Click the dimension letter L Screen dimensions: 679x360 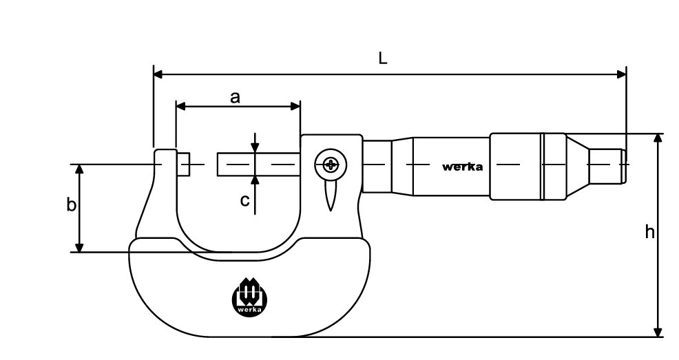tap(382, 58)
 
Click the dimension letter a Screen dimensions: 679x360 tap(235, 97)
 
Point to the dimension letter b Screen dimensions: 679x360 tap(71, 204)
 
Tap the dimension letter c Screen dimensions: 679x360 tap(244, 200)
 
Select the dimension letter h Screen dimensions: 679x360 tap(649, 232)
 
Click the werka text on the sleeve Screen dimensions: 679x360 tap(462, 167)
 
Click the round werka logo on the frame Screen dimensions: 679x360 tap(250, 297)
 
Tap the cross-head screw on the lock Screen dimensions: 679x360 tap(331, 165)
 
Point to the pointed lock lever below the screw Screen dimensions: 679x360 tap(331, 195)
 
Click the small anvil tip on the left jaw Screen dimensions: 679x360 tap(184, 165)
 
